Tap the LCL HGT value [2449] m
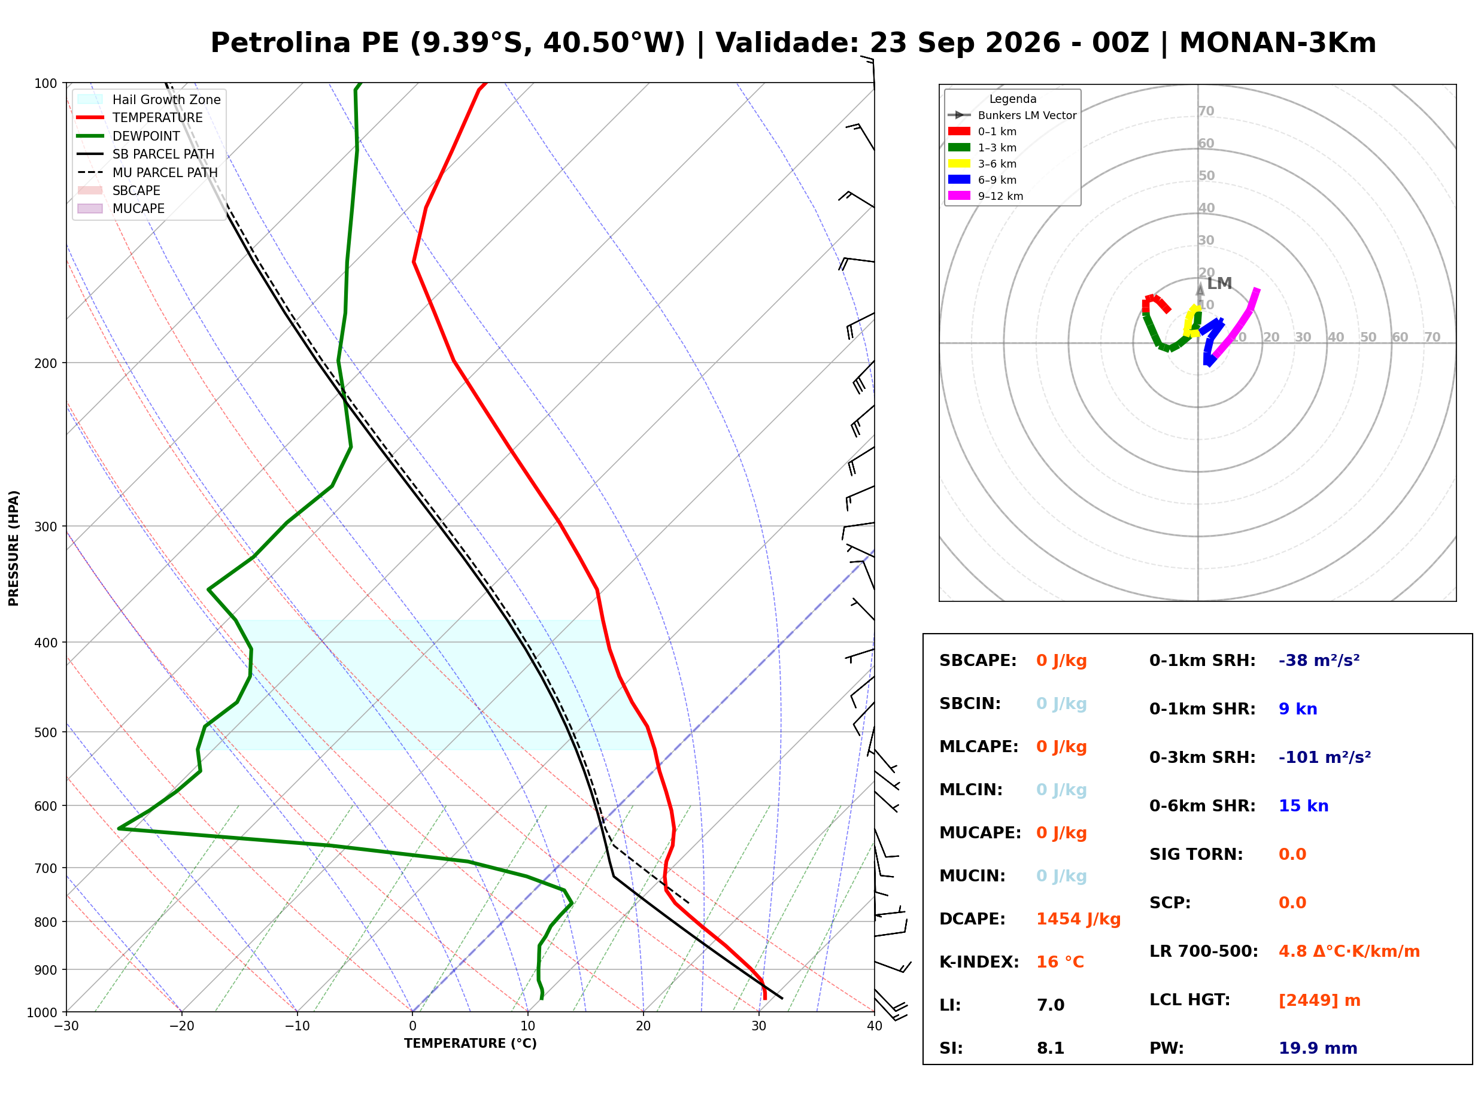tap(1319, 1000)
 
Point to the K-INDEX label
tap(979, 962)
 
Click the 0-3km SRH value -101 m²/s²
tap(1325, 757)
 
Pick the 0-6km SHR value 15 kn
tap(1303, 806)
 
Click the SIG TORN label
tap(1196, 854)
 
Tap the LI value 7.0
tap(1050, 1005)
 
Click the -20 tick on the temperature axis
tap(181, 1026)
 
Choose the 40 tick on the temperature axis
tap(875, 1026)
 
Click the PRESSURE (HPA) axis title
tap(14, 548)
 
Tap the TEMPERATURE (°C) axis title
tap(471, 1044)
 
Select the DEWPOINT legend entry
tap(146, 136)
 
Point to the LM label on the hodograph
tap(1219, 284)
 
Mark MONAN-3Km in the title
tap(1277, 43)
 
